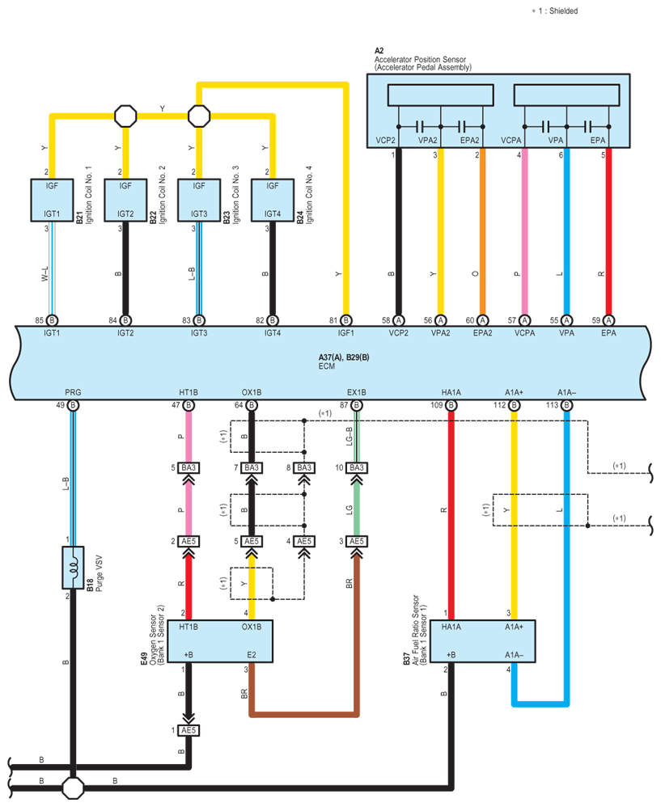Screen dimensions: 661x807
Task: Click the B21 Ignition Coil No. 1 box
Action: coord(52,201)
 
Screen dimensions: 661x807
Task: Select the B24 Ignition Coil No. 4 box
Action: coord(273,201)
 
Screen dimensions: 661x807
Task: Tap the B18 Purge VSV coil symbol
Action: coord(73,567)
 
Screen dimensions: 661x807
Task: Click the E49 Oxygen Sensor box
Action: coord(220,640)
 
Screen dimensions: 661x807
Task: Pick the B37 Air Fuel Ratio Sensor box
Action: coord(483,640)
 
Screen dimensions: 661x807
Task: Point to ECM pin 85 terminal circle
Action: coord(52,320)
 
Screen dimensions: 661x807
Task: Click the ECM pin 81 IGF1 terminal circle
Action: coord(346,320)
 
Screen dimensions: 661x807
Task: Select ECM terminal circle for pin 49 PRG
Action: coord(73,405)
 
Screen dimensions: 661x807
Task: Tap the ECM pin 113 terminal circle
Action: coord(566,405)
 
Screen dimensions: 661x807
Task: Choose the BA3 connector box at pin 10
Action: coord(357,468)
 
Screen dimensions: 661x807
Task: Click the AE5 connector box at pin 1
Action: coord(189,730)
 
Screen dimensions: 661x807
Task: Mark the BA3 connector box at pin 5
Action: coord(189,468)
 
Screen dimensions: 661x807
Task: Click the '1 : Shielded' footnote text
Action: coord(558,11)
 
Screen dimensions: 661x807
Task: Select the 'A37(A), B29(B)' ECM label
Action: coord(344,357)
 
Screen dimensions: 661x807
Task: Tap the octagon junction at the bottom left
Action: coord(73,788)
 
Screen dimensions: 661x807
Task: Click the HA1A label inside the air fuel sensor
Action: coord(451,627)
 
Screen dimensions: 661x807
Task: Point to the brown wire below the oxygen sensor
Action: coord(303,715)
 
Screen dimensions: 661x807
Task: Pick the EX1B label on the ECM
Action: coord(356,392)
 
